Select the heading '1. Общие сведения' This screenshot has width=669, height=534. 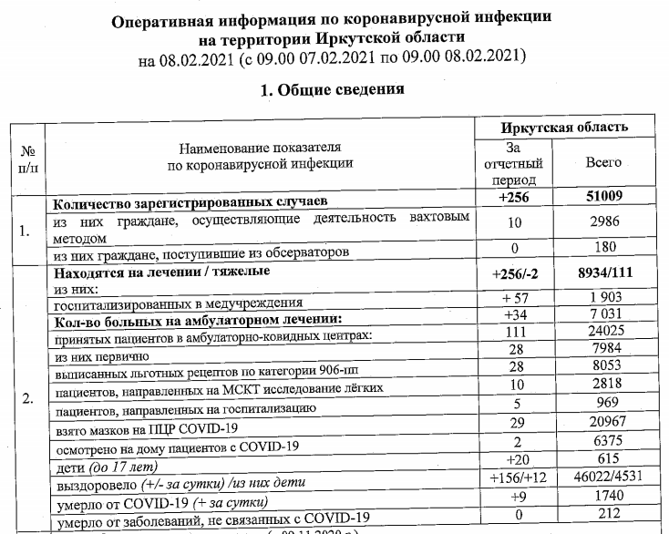click(x=333, y=90)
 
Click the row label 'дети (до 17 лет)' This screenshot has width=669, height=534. click(x=102, y=462)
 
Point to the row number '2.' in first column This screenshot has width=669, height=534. click(x=27, y=398)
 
